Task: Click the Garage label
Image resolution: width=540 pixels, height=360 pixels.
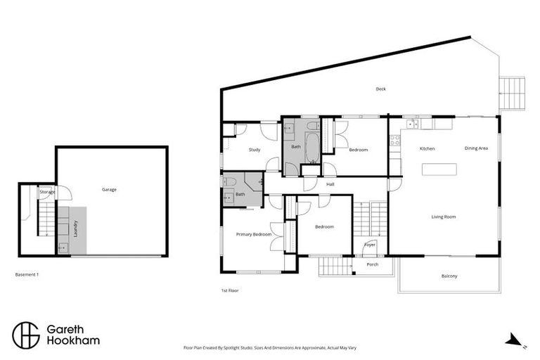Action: tap(109, 189)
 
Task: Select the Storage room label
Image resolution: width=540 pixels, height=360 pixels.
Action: tap(47, 191)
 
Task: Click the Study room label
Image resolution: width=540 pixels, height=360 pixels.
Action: tap(255, 150)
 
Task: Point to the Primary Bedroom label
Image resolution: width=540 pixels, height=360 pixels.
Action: tap(253, 234)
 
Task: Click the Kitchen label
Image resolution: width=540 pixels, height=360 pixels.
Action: tap(427, 149)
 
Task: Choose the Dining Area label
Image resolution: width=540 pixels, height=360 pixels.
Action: tap(476, 148)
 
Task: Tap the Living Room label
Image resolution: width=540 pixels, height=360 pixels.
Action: tap(444, 217)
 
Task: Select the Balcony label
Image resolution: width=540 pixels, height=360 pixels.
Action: tap(449, 276)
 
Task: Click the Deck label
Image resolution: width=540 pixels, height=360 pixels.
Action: tap(381, 89)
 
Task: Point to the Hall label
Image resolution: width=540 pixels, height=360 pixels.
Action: tap(330, 184)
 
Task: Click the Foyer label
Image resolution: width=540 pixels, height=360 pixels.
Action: tap(370, 245)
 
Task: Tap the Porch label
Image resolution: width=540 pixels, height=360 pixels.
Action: tap(373, 265)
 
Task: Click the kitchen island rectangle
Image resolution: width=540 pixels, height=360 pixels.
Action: tap(439, 169)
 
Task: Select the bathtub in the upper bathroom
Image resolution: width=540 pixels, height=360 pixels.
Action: tap(311, 141)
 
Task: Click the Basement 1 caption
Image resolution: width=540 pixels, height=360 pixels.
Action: tap(27, 274)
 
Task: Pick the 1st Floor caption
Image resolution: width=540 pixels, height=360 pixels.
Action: tap(230, 290)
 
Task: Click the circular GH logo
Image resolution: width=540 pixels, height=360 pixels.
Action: tap(25, 334)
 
